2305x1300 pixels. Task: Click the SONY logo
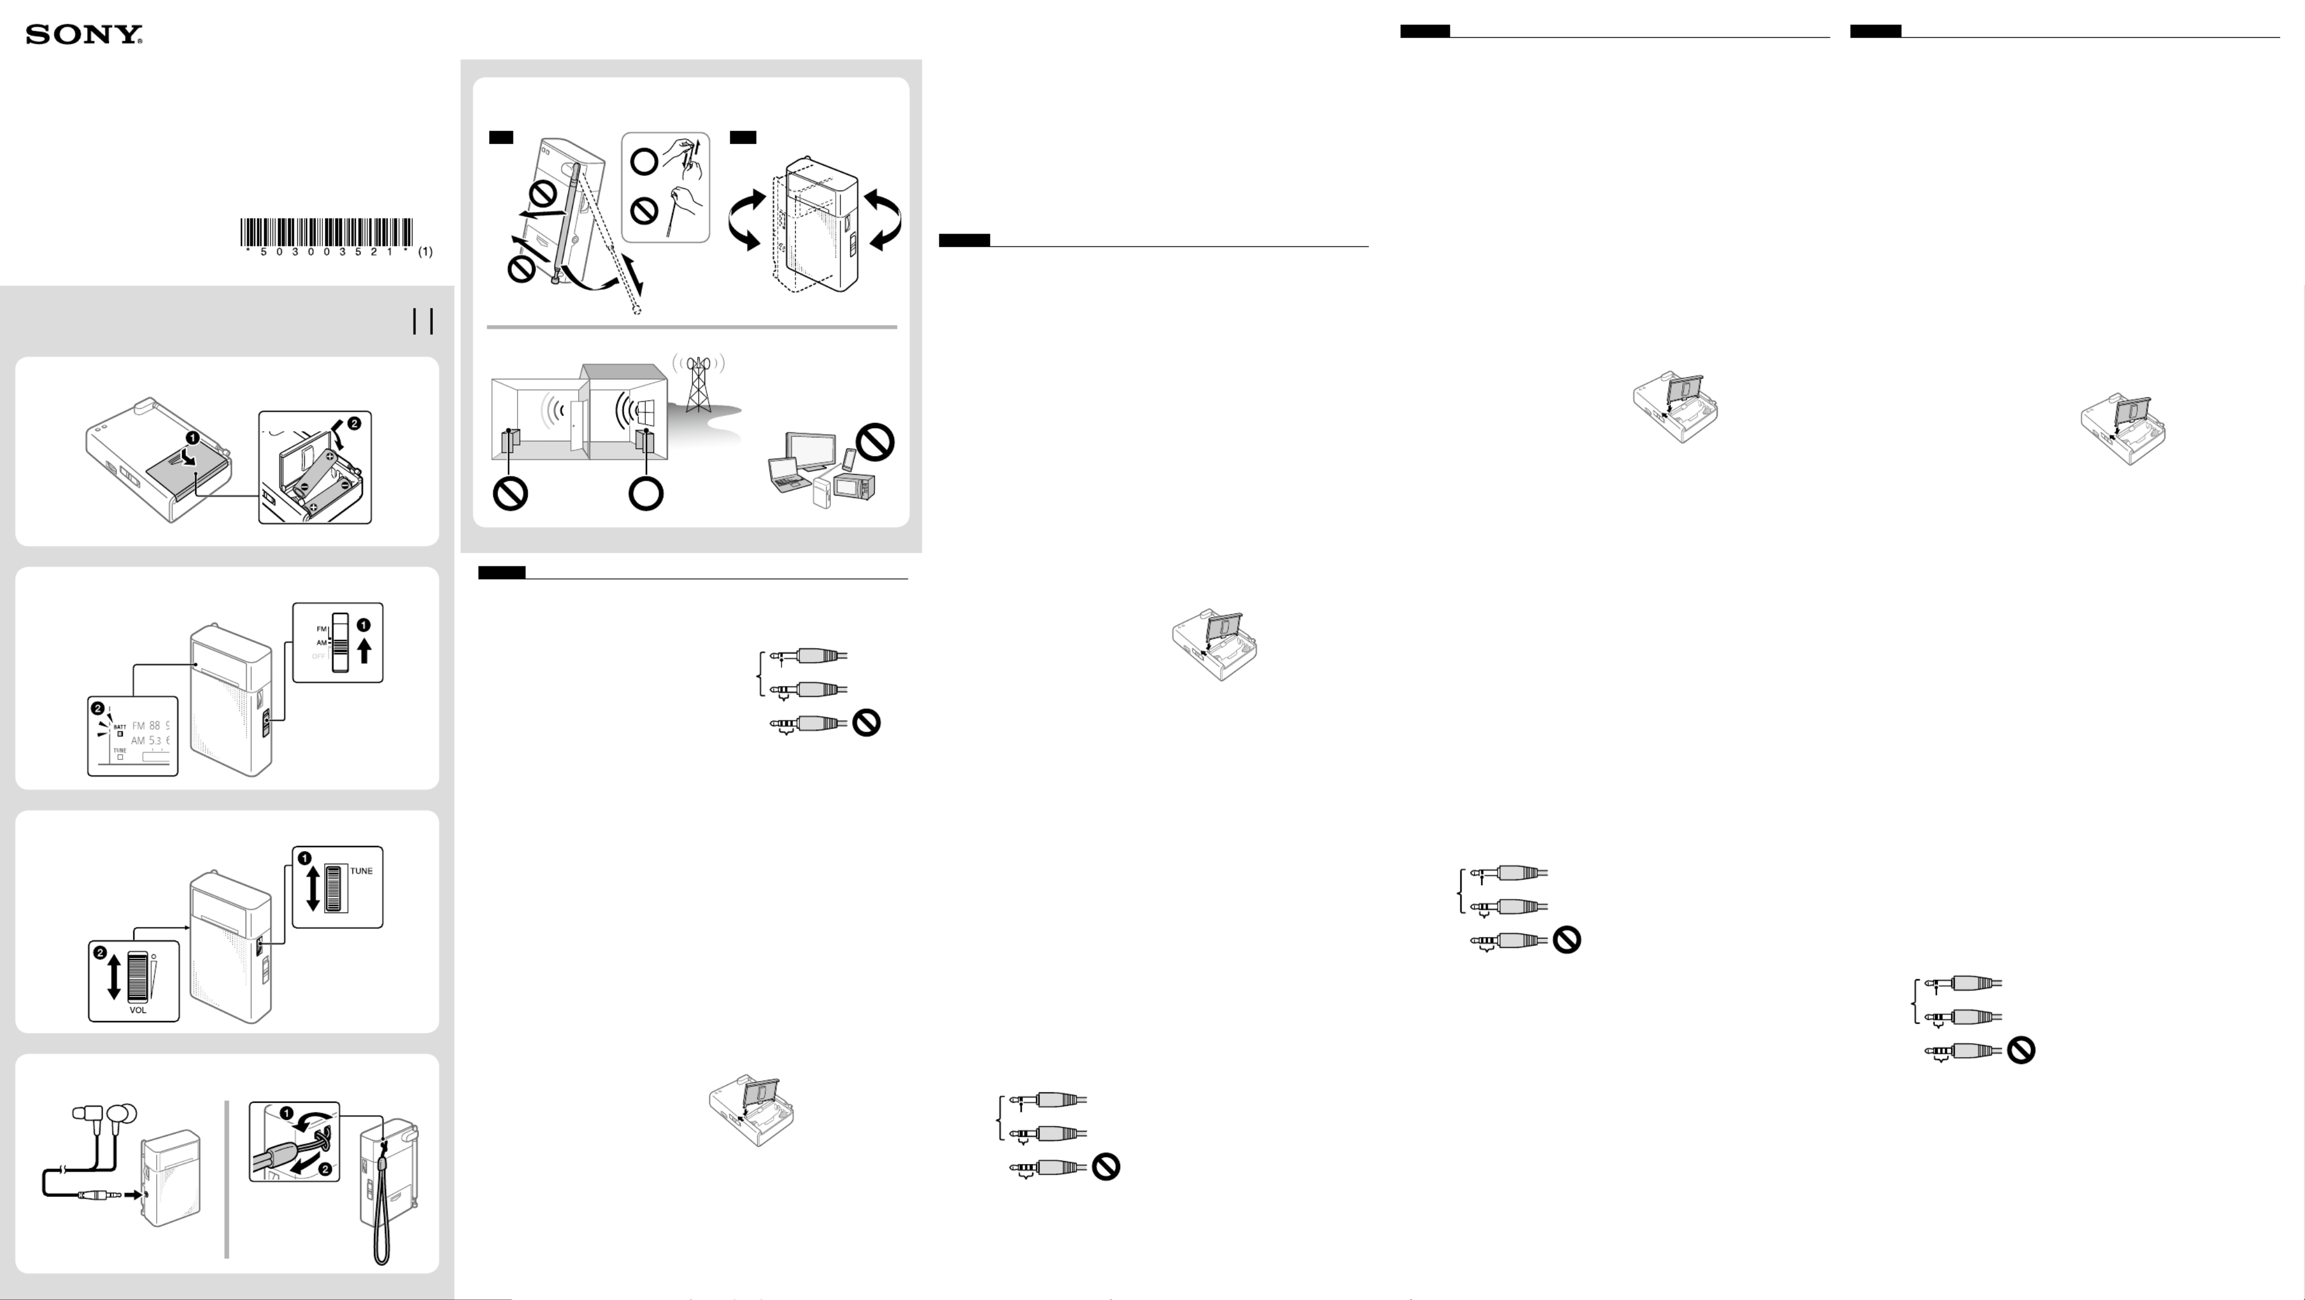84,35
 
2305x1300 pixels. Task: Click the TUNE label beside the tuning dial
361,871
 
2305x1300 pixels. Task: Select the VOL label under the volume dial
138,1010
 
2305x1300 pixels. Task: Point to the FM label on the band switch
321,629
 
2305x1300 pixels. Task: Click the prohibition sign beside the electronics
875,442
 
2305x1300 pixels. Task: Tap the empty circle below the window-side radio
646,493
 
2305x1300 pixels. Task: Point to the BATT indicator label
120,727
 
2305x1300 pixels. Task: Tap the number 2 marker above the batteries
354,423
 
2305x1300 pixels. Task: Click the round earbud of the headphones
123,1115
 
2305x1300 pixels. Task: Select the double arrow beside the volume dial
114,976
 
